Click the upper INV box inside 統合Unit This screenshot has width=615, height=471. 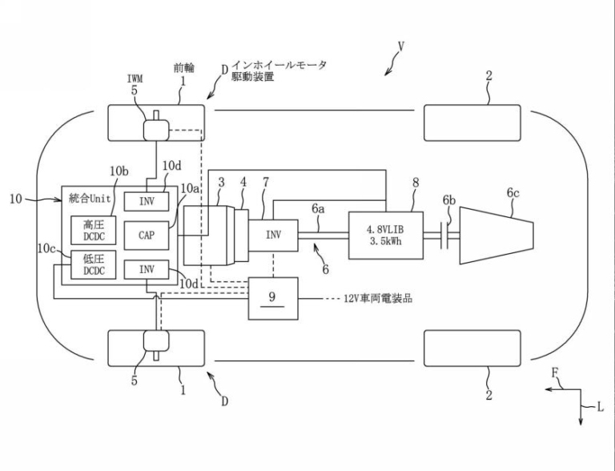pos(147,199)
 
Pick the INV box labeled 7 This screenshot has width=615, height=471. pos(274,235)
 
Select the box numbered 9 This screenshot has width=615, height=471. pos(273,297)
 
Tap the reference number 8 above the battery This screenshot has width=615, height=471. pos(416,182)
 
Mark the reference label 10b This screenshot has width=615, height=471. pos(119,171)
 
